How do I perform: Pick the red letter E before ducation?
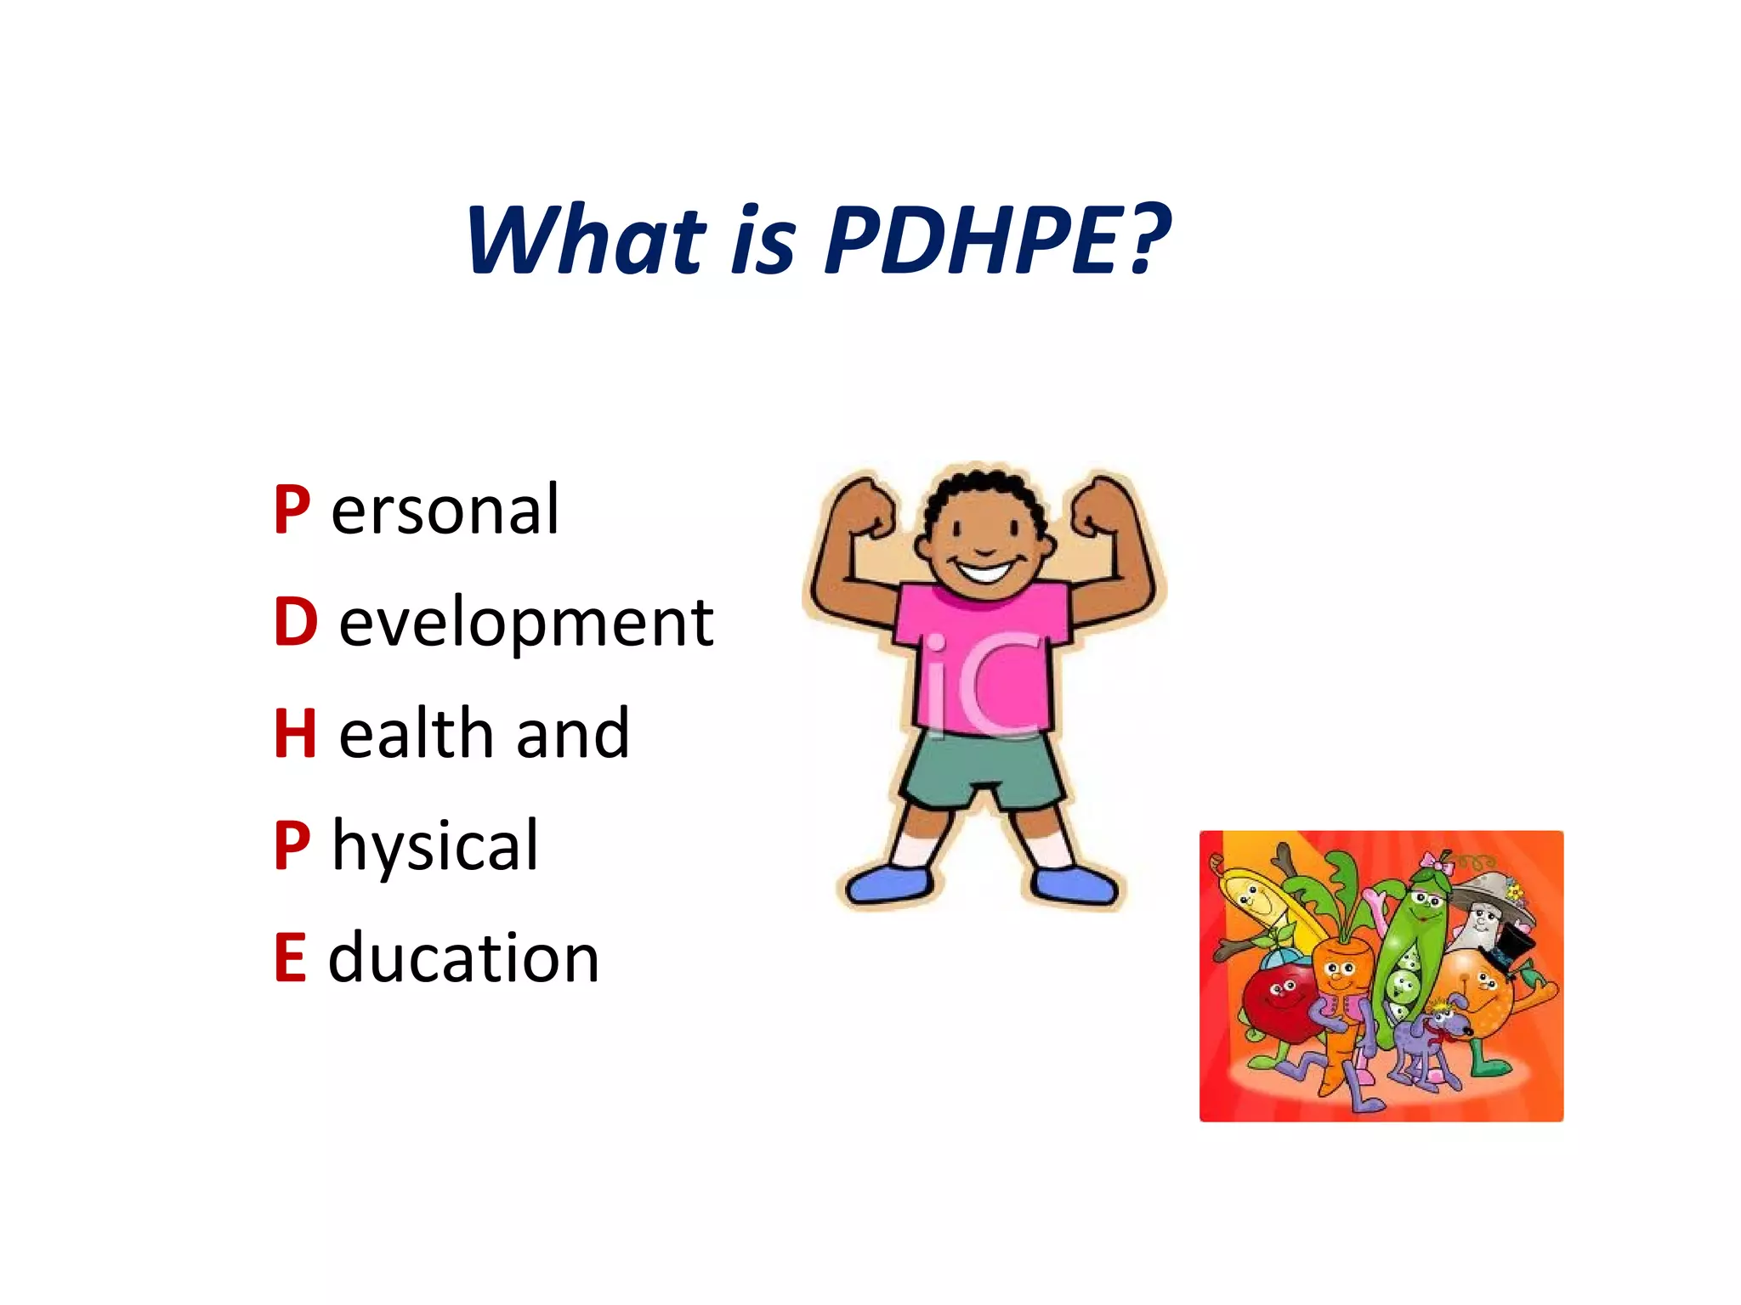pos(290,958)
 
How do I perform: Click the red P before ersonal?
pos(292,510)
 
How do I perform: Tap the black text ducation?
pos(464,958)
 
